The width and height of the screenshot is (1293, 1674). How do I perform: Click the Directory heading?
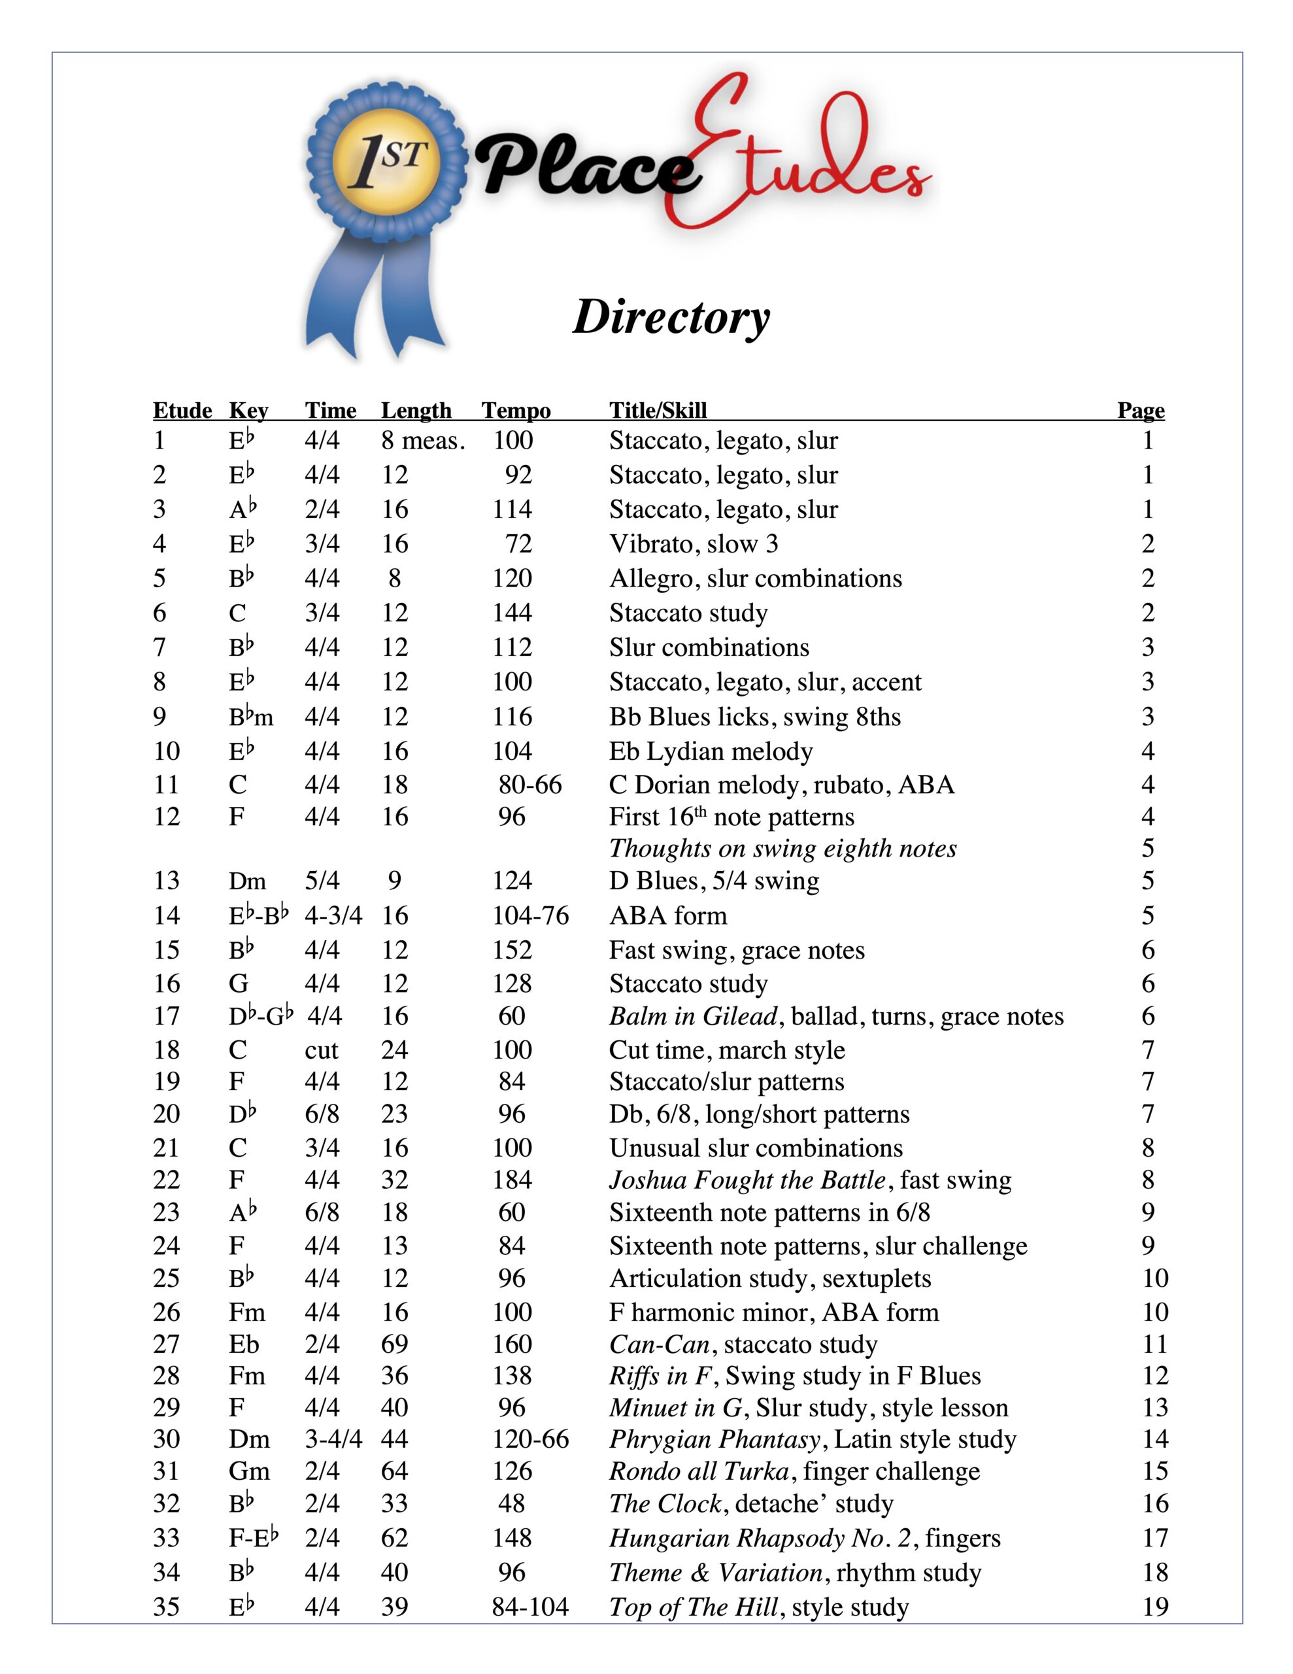click(x=671, y=316)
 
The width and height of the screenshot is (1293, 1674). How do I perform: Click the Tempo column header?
click(x=516, y=410)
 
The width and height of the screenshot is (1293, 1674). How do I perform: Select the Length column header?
click(x=416, y=410)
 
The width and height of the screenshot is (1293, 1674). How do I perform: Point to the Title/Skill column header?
click(x=658, y=410)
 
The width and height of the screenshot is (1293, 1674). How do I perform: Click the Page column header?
click(x=1141, y=410)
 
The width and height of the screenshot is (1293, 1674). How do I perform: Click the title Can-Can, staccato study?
click(x=743, y=1344)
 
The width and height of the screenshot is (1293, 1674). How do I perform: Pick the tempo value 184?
click(x=512, y=1180)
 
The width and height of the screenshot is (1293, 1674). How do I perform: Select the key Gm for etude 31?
click(x=249, y=1471)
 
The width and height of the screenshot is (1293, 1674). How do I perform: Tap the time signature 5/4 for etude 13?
click(x=322, y=880)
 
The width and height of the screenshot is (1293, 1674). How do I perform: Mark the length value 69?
click(x=395, y=1344)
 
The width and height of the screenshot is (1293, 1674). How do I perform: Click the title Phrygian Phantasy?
click(x=714, y=1439)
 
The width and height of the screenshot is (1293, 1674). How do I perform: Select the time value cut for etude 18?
click(x=321, y=1050)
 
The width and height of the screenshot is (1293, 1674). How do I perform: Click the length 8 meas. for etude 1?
click(x=423, y=440)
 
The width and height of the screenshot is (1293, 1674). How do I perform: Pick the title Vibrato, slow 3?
click(x=694, y=543)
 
